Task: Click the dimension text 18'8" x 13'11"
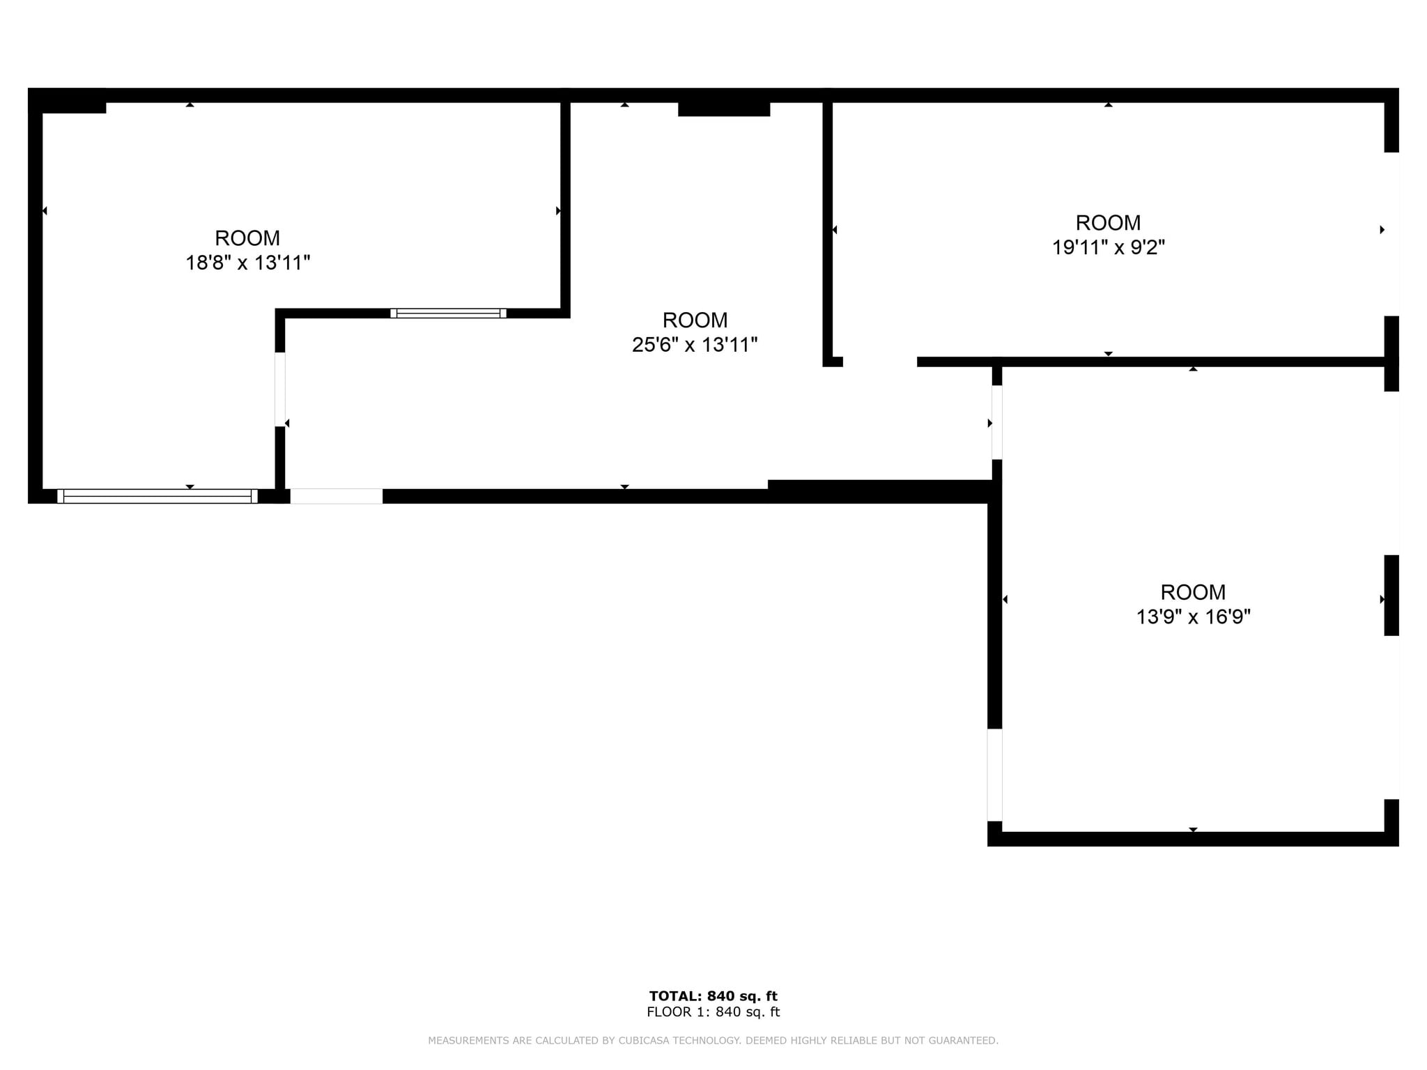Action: pos(247,263)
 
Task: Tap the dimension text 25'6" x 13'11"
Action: pos(694,345)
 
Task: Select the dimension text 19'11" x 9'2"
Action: pos(1108,247)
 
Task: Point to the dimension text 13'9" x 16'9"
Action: pos(1193,617)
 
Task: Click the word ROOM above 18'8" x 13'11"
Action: pos(247,238)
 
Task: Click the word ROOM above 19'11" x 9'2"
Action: pos(1108,223)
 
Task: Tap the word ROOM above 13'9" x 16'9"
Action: pos(1193,592)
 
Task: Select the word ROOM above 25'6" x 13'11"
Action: pos(695,320)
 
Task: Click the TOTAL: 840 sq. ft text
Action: pos(713,996)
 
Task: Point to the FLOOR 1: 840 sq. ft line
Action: pos(713,1012)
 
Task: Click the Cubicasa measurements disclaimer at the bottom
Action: pos(713,1041)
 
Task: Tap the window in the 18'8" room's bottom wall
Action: pos(157,496)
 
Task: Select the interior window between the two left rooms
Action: pos(448,313)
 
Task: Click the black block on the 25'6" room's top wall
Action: pos(723,108)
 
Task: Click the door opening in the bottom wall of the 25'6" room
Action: pos(337,496)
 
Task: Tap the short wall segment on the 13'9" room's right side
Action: pos(1391,595)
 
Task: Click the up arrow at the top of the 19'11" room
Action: pos(1108,104)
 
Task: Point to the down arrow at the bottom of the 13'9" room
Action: pos(1193,830)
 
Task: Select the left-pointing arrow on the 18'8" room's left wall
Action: pos(45,211)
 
